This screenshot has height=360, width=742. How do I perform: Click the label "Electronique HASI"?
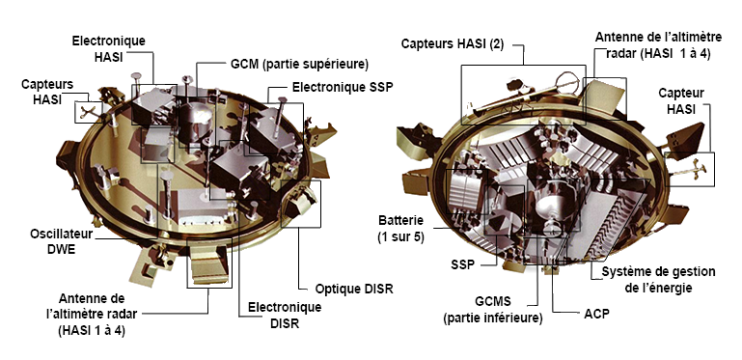point(109,48)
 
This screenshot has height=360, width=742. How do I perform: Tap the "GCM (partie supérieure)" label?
point(299,65)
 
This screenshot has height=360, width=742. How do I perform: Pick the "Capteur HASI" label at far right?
point(683,100)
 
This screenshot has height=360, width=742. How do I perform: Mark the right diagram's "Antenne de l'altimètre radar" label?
point(652,44)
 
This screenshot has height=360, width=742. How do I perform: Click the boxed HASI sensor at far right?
point(697,168)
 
